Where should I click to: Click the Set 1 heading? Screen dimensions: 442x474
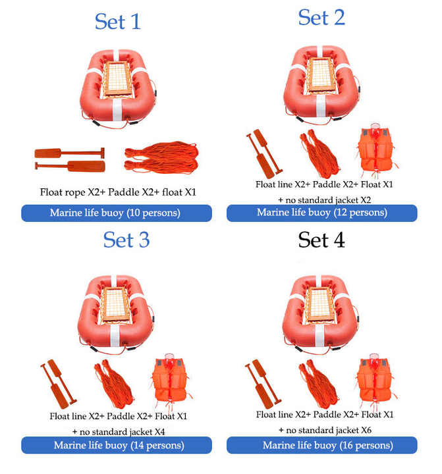[118, 22]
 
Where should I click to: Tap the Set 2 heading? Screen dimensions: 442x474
[321, 17]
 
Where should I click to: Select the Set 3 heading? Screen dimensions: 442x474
[126, 240]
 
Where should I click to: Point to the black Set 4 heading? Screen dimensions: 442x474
[321, 240]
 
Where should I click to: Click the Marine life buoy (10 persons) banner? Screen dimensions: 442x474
[117, 213]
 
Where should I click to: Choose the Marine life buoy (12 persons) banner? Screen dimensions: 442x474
[322, 213]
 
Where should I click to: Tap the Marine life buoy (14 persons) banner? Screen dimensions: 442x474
[117, 445]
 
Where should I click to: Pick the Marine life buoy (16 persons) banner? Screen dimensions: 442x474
[322, 445]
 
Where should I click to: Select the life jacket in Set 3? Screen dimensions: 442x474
[171, 381]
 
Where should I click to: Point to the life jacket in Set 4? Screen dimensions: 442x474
[375, 381]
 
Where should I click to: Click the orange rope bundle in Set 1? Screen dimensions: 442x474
[161, 157]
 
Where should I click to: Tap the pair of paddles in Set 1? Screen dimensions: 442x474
[70, 159]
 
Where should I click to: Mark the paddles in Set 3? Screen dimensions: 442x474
[58, 383]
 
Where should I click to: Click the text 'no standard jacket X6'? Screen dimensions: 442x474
[329, 430]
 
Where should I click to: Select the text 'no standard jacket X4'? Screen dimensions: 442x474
[123, 432]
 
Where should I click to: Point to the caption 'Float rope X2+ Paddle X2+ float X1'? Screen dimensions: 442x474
[118, 192]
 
